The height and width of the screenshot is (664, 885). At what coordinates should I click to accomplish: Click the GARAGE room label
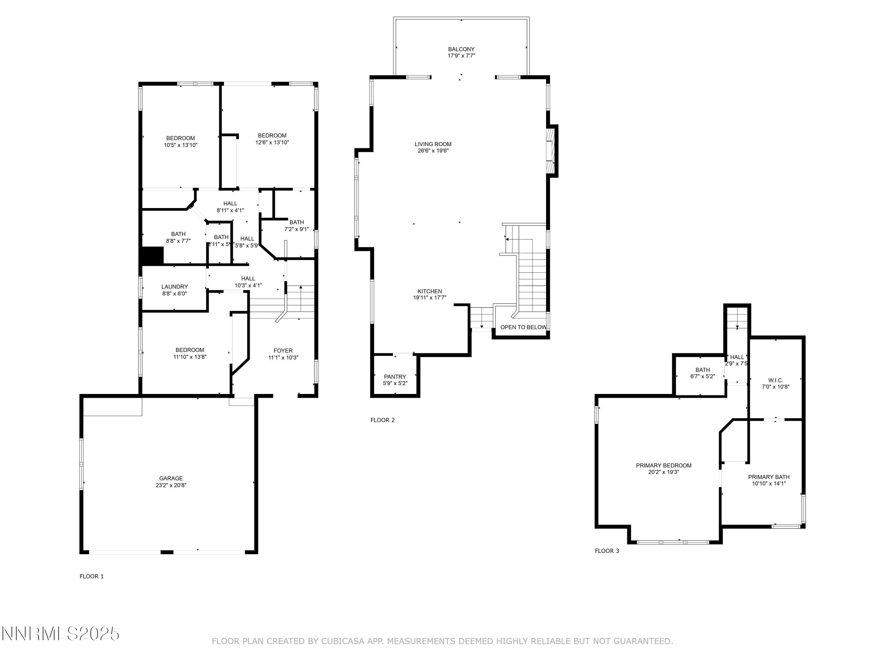coord(171,478)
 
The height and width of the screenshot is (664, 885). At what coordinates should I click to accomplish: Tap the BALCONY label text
coord(461,49)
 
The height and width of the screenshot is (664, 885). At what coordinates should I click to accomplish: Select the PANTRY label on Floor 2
coord(395,377)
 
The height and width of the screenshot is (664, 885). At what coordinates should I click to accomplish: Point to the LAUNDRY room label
coord(174,287)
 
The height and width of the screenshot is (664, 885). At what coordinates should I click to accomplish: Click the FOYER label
coord(283,351)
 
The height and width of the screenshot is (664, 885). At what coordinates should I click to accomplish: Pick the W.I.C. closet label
coord(775,380)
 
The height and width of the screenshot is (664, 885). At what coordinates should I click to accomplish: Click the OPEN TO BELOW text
coord(523,327)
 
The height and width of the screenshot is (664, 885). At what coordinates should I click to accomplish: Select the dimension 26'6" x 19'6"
coord(433,151)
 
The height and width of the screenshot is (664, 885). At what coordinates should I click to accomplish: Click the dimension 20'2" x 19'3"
coord(664,472)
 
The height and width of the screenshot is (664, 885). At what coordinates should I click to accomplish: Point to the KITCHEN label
coord(430,291)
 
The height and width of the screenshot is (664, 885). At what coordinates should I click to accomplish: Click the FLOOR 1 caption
coord(92,576)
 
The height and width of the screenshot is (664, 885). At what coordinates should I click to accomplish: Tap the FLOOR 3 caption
coord(607,551)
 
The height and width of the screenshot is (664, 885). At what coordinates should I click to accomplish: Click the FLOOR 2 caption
coord(383,420)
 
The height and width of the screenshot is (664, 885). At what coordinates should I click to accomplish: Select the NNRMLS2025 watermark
coord(61,634)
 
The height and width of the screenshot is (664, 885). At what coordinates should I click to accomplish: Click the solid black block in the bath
coord(153,255)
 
